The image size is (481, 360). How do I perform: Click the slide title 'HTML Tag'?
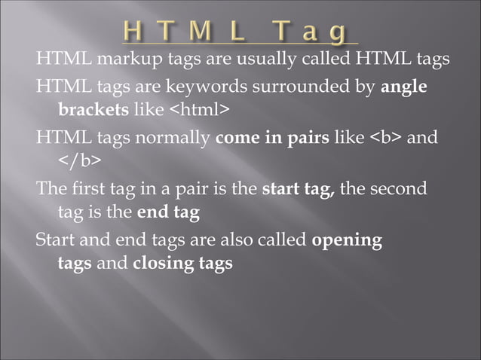coord(235,32)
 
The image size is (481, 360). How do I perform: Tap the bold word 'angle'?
coord(404,87)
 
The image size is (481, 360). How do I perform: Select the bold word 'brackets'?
coord(93,110)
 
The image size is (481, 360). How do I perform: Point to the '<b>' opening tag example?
coord(392,139)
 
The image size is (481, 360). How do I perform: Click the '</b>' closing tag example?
coord(79,162)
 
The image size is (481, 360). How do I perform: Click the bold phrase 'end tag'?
coord(167,213)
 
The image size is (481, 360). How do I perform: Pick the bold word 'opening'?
coord(347,241)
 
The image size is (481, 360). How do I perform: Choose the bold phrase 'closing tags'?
coord(182,264)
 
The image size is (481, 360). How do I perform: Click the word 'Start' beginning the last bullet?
coord(55,241)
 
